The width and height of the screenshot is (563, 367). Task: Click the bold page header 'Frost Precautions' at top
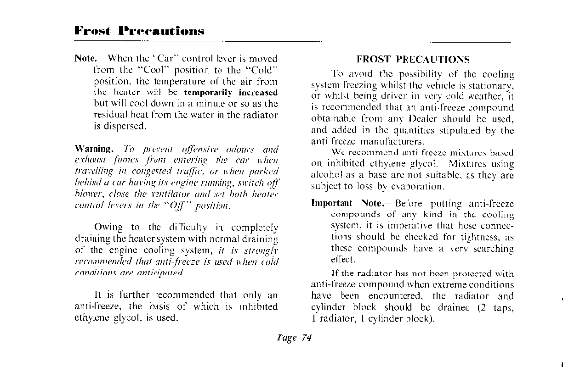[x=139, y=31]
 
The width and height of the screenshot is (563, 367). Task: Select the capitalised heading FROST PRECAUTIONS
[x=413, y=60]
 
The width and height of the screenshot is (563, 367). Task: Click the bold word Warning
[x=93, y=149]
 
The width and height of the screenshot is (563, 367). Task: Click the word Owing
[x=108, y=227]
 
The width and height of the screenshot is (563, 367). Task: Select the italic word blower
[x=87, y=194]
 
